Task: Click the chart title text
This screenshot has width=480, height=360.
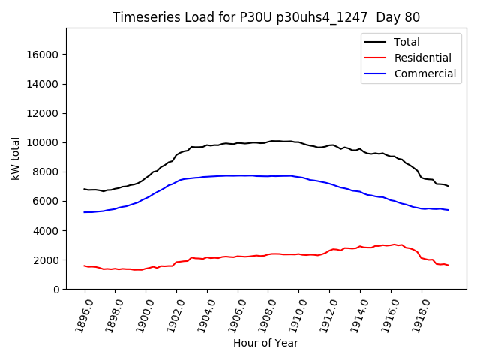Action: tap(266, 17)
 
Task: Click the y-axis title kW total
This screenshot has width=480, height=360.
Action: tap(15, 159)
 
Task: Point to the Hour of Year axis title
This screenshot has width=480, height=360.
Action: tap(265, 343)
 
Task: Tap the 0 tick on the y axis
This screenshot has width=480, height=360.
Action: tap(56, 289)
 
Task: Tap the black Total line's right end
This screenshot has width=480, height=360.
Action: tap(448, 185)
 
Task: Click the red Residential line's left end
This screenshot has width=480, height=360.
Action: tap(85, 265)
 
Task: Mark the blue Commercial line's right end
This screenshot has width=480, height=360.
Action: tap(448, 210)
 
